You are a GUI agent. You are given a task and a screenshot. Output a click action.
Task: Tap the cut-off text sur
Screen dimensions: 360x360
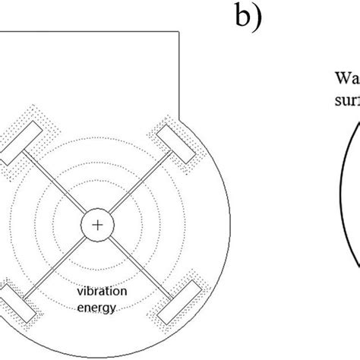[x=346, y=98]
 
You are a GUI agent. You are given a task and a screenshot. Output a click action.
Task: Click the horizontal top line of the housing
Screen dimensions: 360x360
[x=91, y=33]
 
